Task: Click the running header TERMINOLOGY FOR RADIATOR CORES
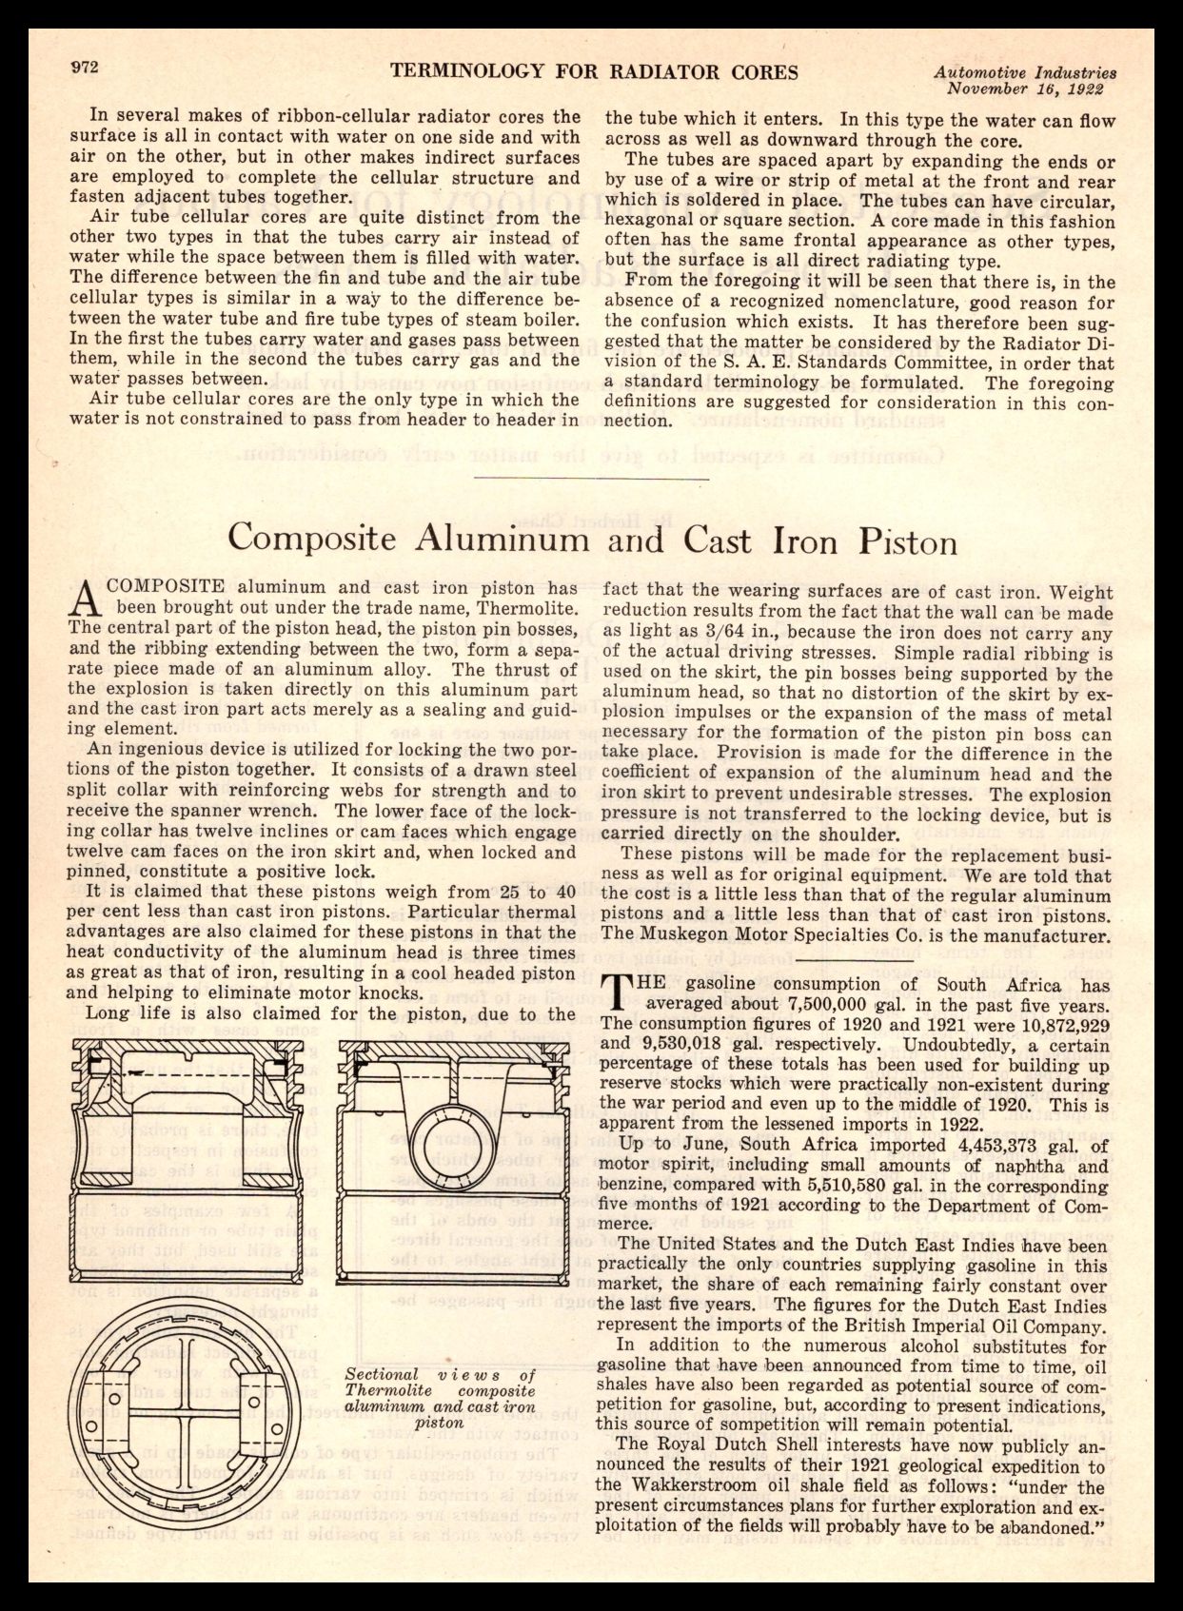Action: [x=594, y=72]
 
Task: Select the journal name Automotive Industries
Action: [x=1025, y=71]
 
